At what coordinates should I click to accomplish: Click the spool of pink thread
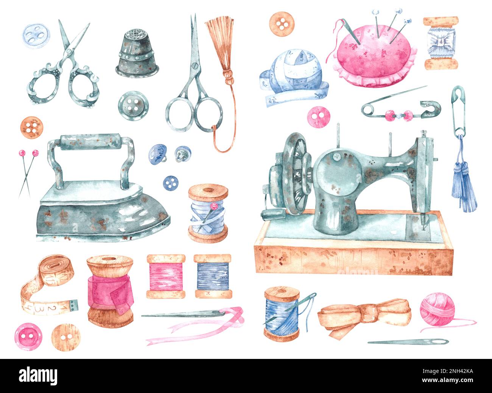[166, 276]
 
